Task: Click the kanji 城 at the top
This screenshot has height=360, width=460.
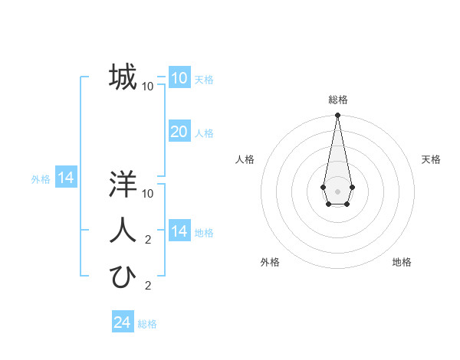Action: pyautogui.click(x=123, y=77)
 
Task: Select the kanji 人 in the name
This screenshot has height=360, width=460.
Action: pyautogui.click(x=123, y=230)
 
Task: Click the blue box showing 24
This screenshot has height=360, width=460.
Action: pyautogui.click(x=123, y=322)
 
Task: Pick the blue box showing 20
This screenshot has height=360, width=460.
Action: pyautogui.click(x=179, y=132)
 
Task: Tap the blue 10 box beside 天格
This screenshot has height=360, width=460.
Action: pyautogui.click(x=179, y=78)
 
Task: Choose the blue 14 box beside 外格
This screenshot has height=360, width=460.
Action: pyautogui.click(x=66, y=178)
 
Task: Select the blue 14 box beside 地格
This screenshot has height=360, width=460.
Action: pyautogui.click(x=179, y=231)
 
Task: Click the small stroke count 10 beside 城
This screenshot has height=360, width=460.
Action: pyautogui.click(x=148, y=86)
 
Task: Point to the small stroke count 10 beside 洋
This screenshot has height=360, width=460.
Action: pyautogui.click(x=148, y=193)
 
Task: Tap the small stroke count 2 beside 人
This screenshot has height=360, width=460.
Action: pyautogui.click(x=148, y=240)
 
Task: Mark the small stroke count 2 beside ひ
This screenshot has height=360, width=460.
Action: pyautogui.click(x=148, y=286)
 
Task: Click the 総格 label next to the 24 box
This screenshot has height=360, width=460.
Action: pyautogui.click(x=147, y=324)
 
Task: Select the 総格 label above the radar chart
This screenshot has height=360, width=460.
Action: pyautogui.click(x=337, y=100)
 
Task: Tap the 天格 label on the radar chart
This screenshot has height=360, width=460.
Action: pyautogui.click(x=431, y=159)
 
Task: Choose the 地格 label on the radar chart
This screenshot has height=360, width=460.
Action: pyautogui.click(x=402, y=262)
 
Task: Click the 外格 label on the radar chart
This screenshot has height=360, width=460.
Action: pyautogui.click(x=270, y=262)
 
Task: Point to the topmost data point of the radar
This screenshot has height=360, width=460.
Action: pyautogui.click(x=337, y=115)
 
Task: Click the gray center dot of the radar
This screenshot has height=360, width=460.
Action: pyautogui.click(x=337, y=190)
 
